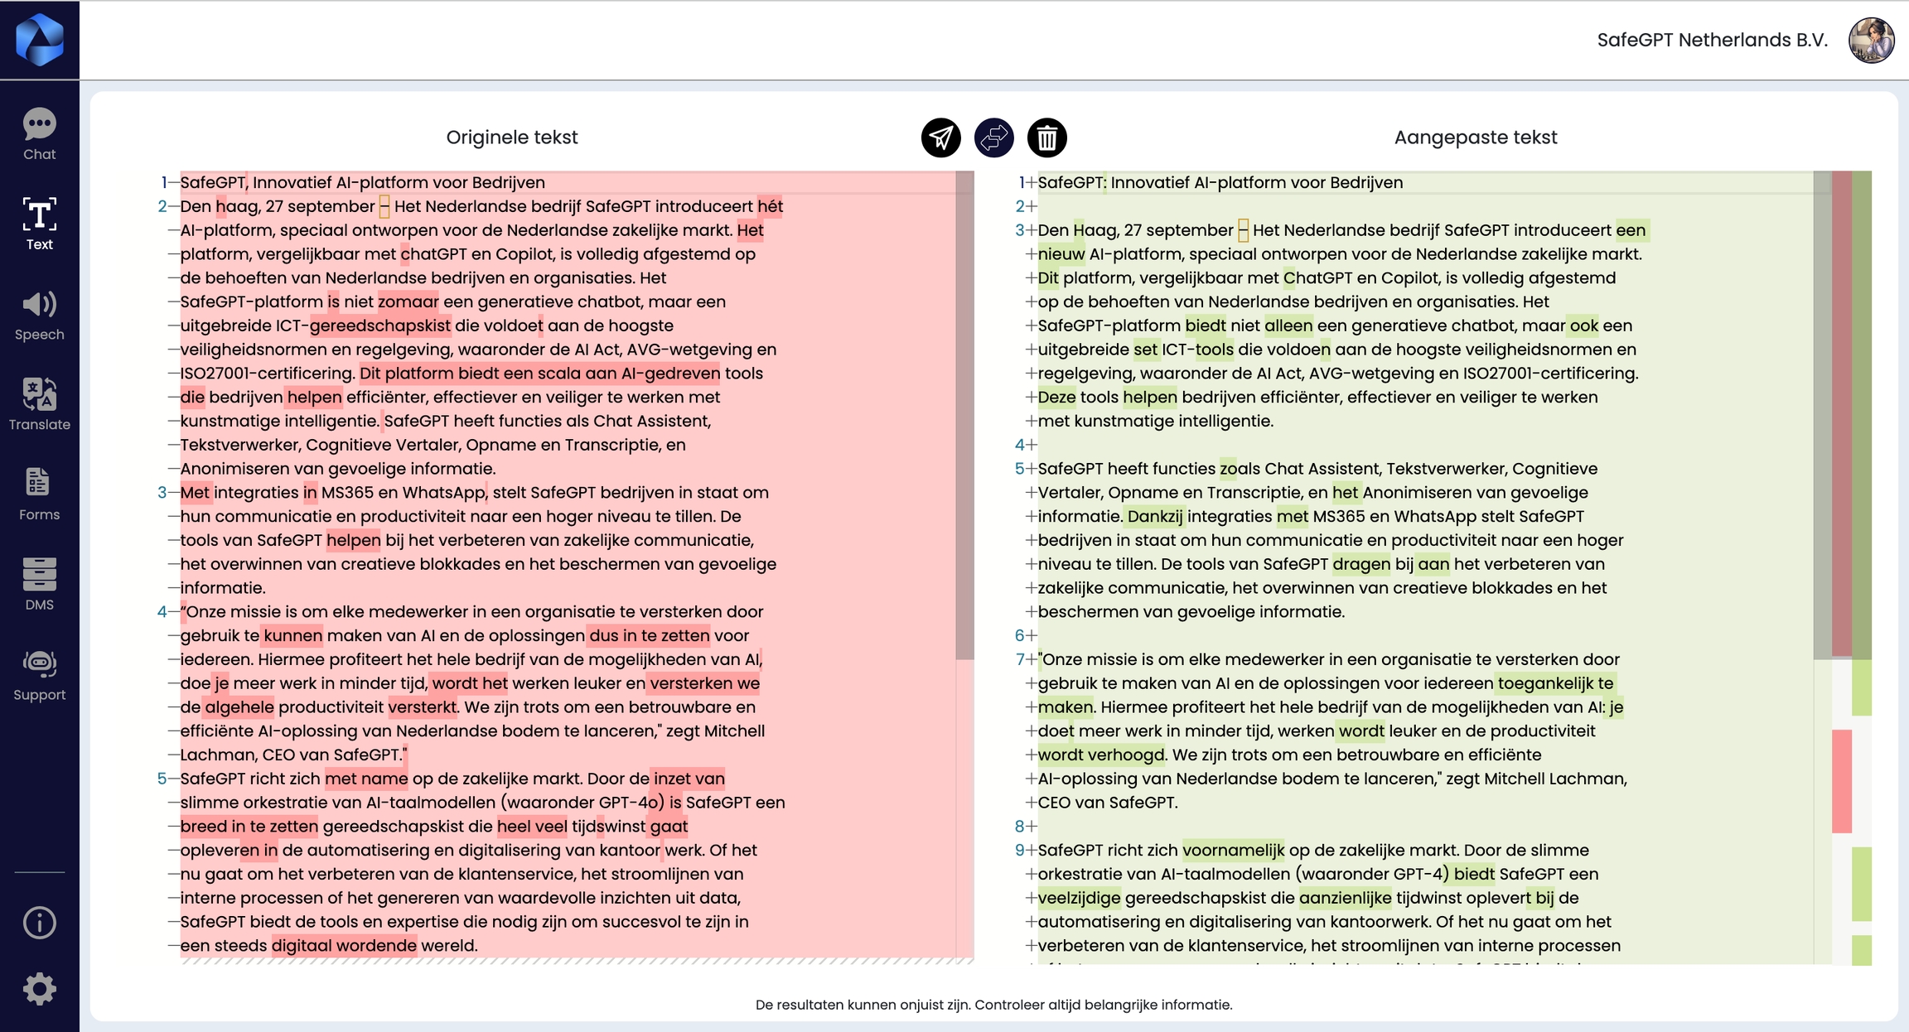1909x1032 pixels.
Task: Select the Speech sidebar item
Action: [39, 315]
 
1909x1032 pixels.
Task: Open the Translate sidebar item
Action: [39, 404]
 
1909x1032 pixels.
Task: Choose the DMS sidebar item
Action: [39, 584]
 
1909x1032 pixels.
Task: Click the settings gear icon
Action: [39, 989]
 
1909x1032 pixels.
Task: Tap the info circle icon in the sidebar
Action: [39, 922]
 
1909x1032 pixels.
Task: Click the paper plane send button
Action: [940, 137]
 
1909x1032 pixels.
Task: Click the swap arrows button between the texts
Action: [993, 137]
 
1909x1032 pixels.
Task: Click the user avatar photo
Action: [1871, 40]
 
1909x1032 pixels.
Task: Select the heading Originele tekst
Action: [511, 137]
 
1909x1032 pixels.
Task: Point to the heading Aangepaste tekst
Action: [1475, 137]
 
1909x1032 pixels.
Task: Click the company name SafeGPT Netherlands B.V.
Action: [1712, 40]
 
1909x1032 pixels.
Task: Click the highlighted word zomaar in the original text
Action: [408, 302]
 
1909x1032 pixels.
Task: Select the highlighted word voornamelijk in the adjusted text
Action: [1233, 851]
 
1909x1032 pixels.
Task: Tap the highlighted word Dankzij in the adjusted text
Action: [1154, 517]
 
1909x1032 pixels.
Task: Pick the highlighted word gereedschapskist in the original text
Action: [380, 326]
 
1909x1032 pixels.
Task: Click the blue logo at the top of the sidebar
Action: [39, 40]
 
